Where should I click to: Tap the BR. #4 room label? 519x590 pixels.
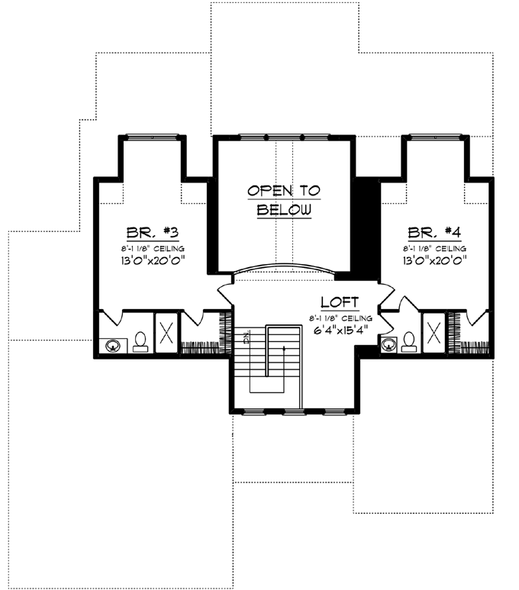tap(433, 232)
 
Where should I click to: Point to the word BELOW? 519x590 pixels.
tap(284, 209)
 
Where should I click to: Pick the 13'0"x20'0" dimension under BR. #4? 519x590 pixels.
tap(433, 260)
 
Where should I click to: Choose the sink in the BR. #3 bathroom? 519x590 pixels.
tap(114, 345)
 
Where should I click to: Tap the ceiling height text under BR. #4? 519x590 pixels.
tap(433, 248)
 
